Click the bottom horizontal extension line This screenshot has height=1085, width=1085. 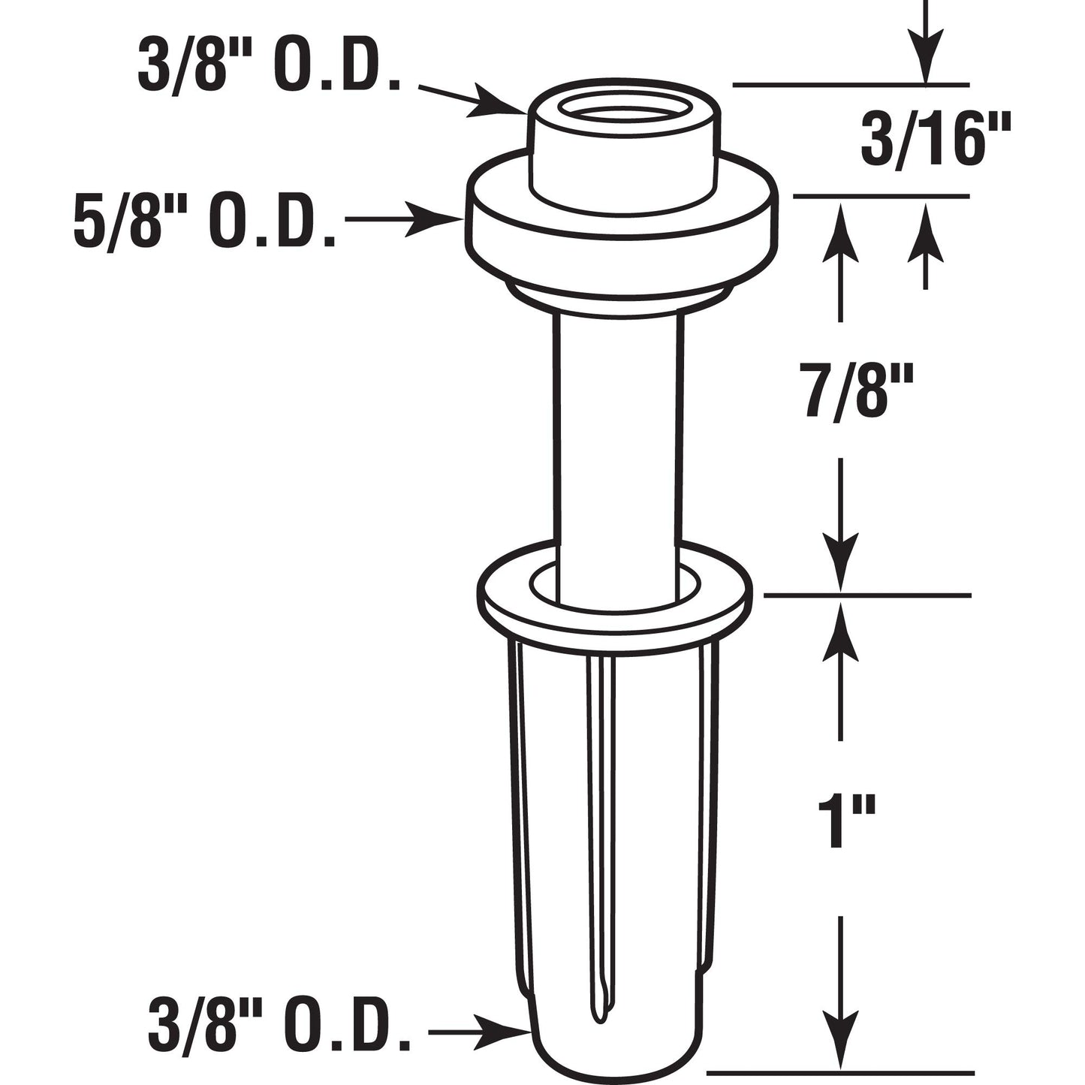tap(841, 1071)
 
